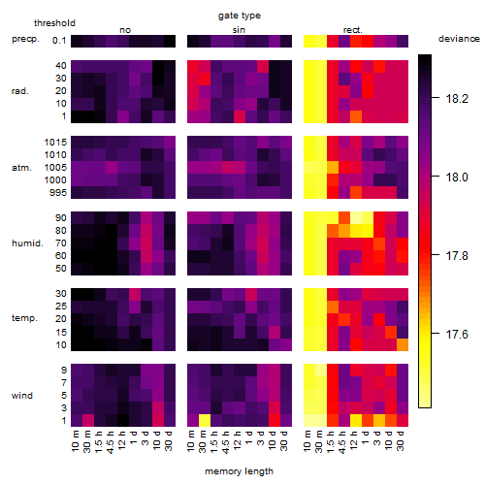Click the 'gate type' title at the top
[240, 16]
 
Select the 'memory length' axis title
[239, 471]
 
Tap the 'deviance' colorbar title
[459, 39]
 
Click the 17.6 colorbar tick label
[457, 334]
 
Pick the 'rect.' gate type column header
[352, 30]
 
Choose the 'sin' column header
[239, 30]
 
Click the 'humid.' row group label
[27, 243]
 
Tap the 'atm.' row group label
[21, 168]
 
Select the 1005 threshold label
[55, 168]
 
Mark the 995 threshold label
[58, 193]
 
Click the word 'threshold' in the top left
[54, 23]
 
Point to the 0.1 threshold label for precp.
[59, 41]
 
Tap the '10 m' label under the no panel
[75, 441]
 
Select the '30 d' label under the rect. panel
[401, 441]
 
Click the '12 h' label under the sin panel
[238, 440]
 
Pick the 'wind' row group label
[22, 396]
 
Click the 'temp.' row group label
[24, 318]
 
